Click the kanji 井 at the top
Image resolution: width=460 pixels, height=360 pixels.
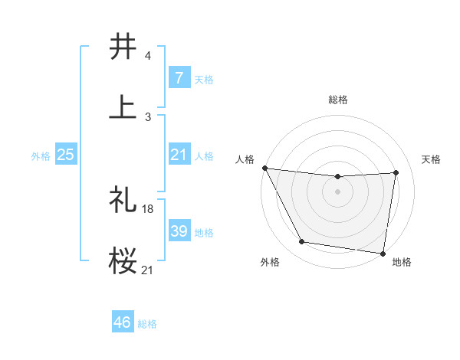click(x=123, y=47)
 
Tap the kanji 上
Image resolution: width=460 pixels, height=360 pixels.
click(x=123, y=106)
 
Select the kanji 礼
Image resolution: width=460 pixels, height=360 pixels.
click(x=123, y=200)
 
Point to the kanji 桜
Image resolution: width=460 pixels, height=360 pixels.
click(x=123, y=260)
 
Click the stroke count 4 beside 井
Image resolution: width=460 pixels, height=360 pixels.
click(x=147, y=56)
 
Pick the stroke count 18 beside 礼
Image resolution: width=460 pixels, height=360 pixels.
click(x=149, y=208)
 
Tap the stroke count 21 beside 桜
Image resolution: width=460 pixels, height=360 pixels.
click(x=148, y=269)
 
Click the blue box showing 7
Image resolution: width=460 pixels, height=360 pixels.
click(x=179, y=77)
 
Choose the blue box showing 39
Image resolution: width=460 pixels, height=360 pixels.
click(x=179, y=231)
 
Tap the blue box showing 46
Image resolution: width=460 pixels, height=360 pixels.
click(x=123, y=322)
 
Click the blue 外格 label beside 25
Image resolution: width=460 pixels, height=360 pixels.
click(x=41, y=155)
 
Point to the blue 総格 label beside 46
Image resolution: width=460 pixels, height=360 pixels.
click(x=147, y=324)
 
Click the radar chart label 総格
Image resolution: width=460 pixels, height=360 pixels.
click(x=338, y=100)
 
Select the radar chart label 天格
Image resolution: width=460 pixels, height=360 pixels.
click(x=432, y=159)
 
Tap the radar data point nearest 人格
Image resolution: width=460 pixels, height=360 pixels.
click(x=264, y=168)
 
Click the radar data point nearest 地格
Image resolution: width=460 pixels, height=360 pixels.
click(x=383, y=253)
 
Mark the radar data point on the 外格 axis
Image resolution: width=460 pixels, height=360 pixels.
click(x=301, y=243)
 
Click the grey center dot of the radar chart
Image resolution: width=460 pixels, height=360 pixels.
click(x=338, y=191)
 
